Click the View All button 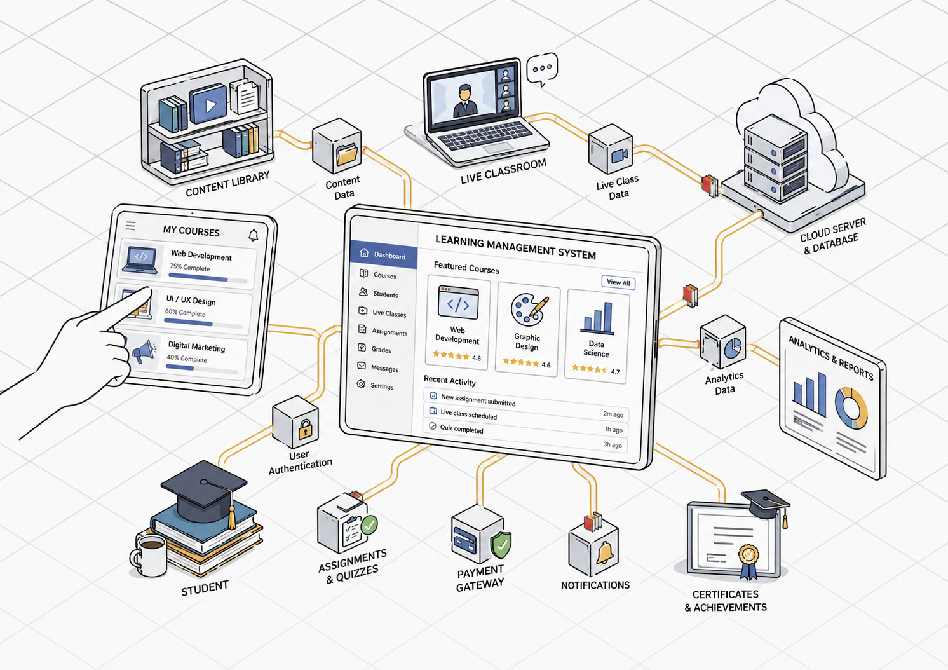tap(618, 282)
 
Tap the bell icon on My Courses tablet tap(253, 235)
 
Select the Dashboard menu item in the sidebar tap(384, 254)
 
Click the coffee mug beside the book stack tap(149, 555)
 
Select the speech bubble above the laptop tap(542, 69)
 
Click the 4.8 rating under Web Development tap(477, 358)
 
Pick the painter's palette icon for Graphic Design tap(529, 310)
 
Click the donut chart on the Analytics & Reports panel tap(851, 408)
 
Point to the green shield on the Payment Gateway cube tap(501, 545)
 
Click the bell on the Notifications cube tap(605, 552)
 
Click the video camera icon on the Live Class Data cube tap(620, 155)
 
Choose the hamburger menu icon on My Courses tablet tap(130, 226)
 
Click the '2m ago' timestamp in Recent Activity tap(613, 414)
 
